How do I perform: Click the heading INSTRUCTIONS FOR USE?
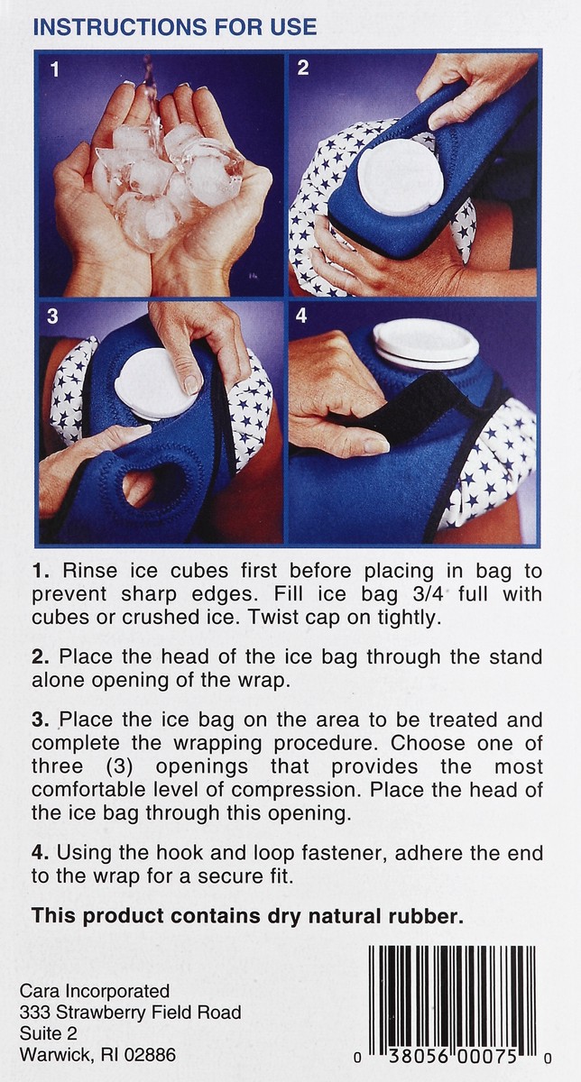coord(174,27)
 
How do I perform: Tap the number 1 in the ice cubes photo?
coord(54,69)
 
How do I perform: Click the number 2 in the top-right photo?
coord(303,68)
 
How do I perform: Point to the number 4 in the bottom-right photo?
coord(301,316)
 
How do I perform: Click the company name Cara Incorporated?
coord(95,991)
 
